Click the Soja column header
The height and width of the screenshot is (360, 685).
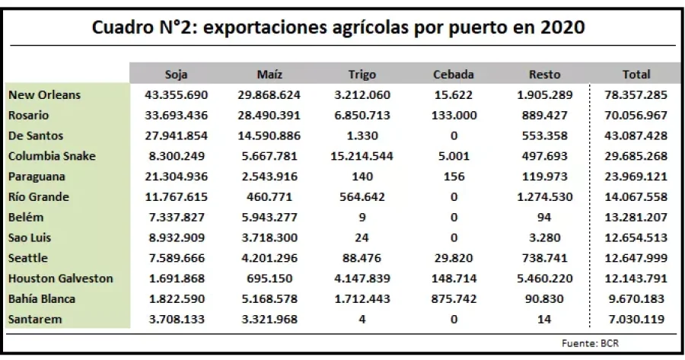pos(177,75)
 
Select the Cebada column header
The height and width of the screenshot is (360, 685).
pos(454,75)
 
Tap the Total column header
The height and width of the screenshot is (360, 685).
pos(636,75)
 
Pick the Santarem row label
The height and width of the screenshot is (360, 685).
pos(37,320)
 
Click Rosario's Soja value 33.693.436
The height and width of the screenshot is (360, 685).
pos(177,116)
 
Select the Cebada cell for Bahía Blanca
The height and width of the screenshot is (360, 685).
pos(454,299)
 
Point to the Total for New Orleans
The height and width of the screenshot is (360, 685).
pos(636,95)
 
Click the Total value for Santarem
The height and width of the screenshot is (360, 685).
pos(636,320)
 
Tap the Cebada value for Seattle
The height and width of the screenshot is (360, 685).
pos(454,259)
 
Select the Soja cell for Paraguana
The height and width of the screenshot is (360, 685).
pos(177,177)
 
